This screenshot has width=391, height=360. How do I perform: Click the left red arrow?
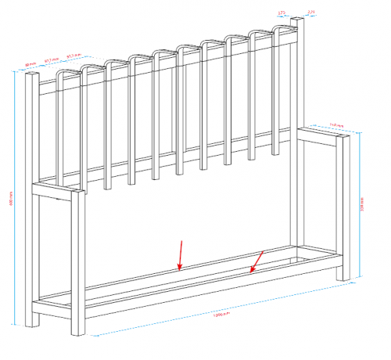coord(181,255)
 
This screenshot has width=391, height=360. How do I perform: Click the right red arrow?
coord(257,261)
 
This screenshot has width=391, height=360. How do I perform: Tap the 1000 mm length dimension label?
coord(220,317)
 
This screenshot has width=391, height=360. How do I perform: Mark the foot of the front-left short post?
coord(77,330)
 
